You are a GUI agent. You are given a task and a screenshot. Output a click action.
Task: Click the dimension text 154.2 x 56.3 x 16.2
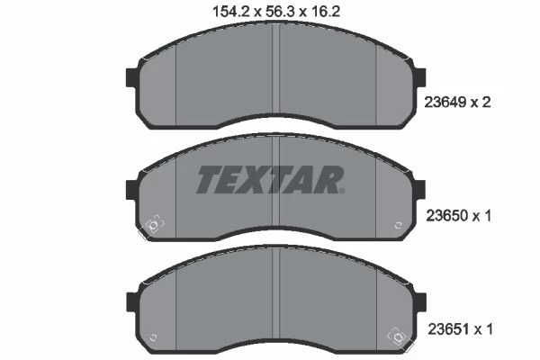pos(276,12)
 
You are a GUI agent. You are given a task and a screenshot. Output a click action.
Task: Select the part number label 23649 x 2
pos(457,102)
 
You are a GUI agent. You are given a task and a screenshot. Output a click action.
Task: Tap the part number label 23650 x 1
pos(458,216)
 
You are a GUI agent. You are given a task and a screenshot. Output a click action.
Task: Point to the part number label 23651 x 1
pos(460,329)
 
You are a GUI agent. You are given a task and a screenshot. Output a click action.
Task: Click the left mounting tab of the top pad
pos(132,77)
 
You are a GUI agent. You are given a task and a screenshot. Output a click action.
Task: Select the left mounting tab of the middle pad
pos(132,190)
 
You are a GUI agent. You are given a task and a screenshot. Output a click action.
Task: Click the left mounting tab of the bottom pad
pos(132,301)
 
